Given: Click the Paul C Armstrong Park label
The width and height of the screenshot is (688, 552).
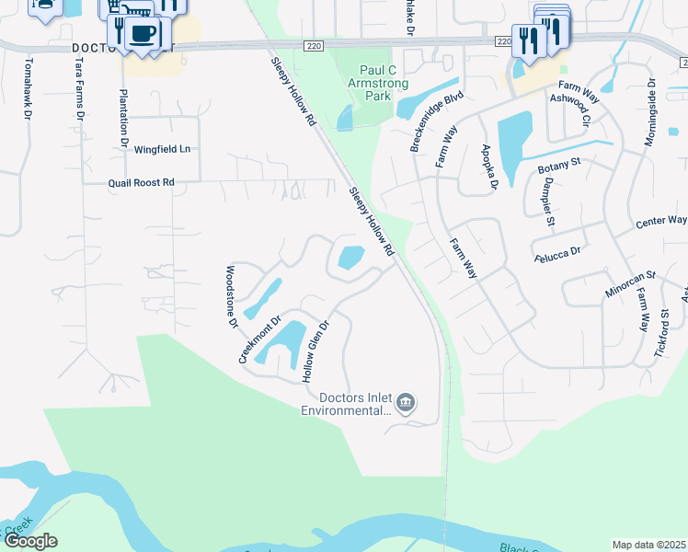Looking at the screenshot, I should (x=371, y=84).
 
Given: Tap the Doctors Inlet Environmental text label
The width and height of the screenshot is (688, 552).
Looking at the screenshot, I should (x=354, y=405).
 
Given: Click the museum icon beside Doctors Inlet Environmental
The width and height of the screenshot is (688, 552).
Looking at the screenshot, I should (x=405, y=403).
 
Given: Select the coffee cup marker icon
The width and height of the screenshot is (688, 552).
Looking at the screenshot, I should (x=142, y=34).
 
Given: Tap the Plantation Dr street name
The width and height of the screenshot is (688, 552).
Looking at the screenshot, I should (x=123, y=119).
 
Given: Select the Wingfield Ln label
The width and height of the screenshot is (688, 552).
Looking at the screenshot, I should (x=162, y=149).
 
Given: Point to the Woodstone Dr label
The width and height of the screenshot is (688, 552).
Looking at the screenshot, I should (x=232, y=297).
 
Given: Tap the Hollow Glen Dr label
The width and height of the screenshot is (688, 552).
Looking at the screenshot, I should (x=315, y=351).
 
